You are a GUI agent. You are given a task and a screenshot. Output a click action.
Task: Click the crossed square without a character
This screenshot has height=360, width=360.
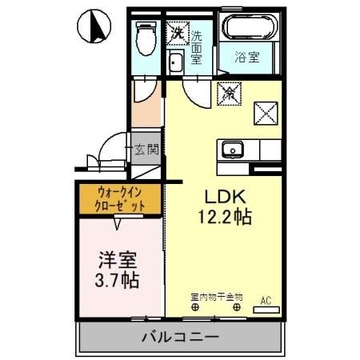(x=265, y=113)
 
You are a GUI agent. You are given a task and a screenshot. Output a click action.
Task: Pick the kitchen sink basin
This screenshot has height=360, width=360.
(x=233, y=148)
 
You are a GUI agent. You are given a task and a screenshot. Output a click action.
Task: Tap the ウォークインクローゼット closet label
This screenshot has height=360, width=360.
(x=121, y=198)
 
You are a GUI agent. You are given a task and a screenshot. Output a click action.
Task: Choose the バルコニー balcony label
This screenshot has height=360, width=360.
(x=181, y=337)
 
